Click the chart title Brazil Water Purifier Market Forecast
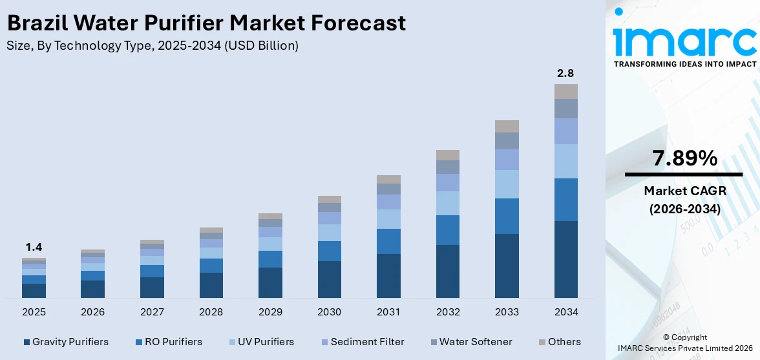coord(206,23)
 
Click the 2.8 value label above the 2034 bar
coord(565,73)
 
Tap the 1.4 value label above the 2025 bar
coord(34,247)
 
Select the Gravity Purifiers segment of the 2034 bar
coord(565,259)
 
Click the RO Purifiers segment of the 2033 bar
coord(507,216)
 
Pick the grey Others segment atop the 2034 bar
coord(565,91)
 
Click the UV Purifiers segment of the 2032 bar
coord(447,203)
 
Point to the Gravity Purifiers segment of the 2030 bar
coord(329,279)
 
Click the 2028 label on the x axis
coord(211,312)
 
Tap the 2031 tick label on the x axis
coord(388,312)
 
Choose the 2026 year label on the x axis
coord(92,312)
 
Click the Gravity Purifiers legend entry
coord(65,341)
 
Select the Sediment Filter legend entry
coord(362,341)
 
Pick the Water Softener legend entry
coord(470,341)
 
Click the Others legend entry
coord(559,341)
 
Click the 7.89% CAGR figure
coord(684,158)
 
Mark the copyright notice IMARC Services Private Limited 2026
coord(684,348)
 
